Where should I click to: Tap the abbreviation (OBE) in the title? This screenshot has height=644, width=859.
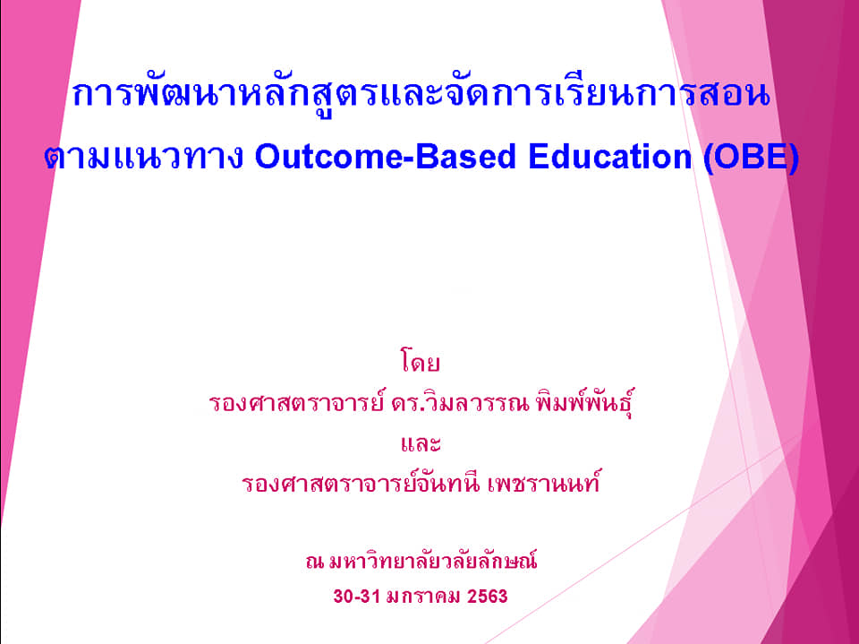coord(751,158)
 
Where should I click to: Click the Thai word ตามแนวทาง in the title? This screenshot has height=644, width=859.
coord(143,158)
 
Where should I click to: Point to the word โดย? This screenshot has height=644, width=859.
coord(421,362)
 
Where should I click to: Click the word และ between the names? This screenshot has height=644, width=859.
coord(421,443)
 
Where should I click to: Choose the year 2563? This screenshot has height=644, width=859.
coord(487,597)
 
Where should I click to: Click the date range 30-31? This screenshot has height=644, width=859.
coord(357,597)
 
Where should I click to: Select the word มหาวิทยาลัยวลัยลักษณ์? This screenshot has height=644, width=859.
coord(433,562)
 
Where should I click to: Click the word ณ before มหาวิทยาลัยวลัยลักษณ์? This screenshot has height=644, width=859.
coord(314,562)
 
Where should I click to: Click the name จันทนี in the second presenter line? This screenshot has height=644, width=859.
coord(449,483)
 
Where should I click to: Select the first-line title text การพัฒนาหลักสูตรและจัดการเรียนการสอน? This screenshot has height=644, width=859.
coord(421,94)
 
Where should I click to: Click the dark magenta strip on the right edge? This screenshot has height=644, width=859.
coord(838,274)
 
